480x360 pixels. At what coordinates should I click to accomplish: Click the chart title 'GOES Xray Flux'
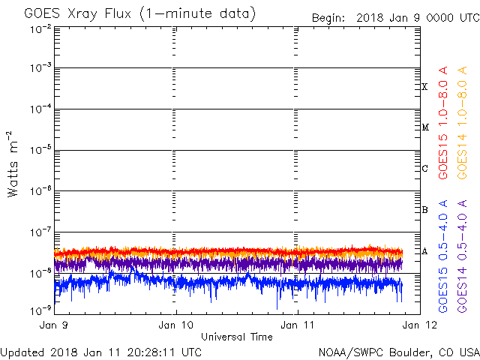(78, 13)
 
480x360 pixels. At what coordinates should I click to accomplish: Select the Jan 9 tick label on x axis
(53, 325)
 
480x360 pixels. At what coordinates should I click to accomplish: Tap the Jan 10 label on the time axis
(175, 325)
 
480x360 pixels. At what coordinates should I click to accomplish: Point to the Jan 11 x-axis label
(297, 325)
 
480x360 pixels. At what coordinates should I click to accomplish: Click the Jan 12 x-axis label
(420, 325)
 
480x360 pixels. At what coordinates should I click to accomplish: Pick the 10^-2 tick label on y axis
(40, 29)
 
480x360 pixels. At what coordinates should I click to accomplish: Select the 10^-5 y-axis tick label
(40, 150)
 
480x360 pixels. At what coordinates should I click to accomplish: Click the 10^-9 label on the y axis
(40, 310)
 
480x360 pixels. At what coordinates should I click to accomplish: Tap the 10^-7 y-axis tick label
(40, 232)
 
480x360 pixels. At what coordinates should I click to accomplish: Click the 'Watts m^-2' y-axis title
(13, 164)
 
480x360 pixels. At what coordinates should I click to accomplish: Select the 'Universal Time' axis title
(237, 337)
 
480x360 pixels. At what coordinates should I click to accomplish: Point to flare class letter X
(424, 87)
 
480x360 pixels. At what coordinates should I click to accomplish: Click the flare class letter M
(425, 127)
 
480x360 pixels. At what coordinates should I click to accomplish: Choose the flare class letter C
(425, 168)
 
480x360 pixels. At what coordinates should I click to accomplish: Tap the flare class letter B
(425, 210)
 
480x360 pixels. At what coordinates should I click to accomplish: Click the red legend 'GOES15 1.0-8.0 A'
(442, 123)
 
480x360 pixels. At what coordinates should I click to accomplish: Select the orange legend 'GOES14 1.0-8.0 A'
(462, 123)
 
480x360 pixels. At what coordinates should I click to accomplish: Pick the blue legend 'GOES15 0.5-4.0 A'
(442, 256)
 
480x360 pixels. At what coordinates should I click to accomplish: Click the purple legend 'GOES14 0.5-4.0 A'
(462, 256)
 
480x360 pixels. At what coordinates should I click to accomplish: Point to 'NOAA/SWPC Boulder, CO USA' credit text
(399, 352)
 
